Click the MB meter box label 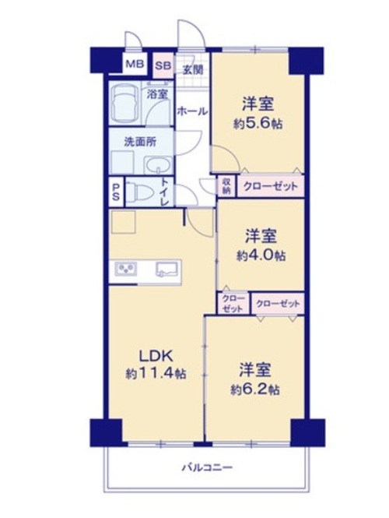(x=135, y=64)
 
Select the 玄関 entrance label (x=193, y=69)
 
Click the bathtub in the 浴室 (x=124, y=104)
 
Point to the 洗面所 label (x=140, y=142)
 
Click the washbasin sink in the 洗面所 (x=159, y=165)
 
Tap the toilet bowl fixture (x=139, y=192)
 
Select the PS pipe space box (x=116, y=192)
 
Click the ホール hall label (x=192, y=111)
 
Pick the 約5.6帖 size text (x=258, y=124)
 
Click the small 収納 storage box (x=226, y=186)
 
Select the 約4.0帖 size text (x=261, y=255)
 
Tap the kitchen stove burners (x=126, y=268)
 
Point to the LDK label (x=156, y=356)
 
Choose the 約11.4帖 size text (x=156, y=374)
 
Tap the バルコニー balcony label (x=208, y=467)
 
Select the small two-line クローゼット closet (x=233, y=303)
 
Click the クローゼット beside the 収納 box (x=271, y=186)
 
